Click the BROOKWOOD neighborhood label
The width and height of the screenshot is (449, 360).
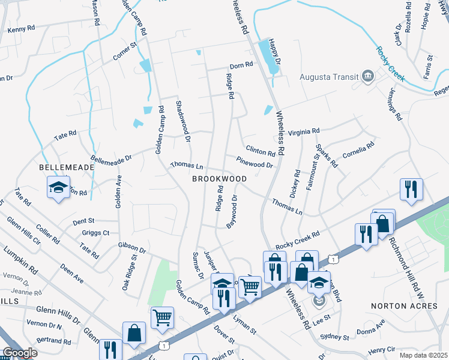(x=220, y=179)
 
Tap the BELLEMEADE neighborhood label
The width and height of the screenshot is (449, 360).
(x=67, y=167)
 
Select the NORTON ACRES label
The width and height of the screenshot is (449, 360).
(x=405, y=306)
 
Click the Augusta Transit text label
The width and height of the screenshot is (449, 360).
(x=328, y=77)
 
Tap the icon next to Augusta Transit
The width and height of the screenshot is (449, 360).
(x=367, y=77)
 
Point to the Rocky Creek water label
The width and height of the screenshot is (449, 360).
(x=390, y=64)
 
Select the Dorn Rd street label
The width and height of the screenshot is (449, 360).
(x=241, y=67)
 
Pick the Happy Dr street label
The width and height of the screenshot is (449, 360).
(x=274, y=53)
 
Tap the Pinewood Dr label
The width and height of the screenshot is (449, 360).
(x=255, y=161)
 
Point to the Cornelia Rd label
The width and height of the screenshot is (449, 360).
(x=358, y=149)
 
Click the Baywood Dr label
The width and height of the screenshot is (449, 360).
(x=232, y=211)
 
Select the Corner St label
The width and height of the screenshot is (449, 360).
(x=125, y=52)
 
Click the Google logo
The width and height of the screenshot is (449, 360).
(x=20, y=353)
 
